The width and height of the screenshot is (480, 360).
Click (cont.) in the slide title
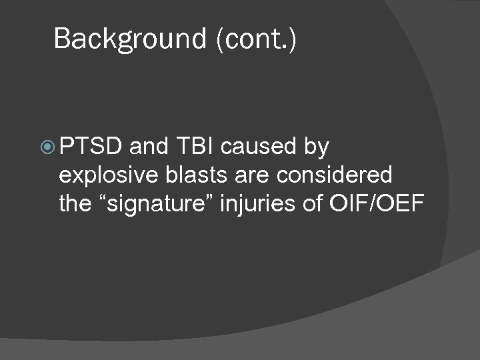[x=256, y=39]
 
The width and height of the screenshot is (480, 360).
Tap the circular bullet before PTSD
[x=47, y=146]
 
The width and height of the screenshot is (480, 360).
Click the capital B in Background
[x=63, y=39]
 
